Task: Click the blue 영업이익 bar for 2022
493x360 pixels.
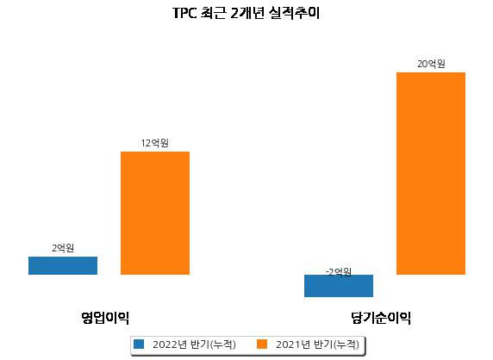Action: pos(63,266)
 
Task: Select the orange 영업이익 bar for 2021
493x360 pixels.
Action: pos(155,213)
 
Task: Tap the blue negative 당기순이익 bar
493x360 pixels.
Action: pos(339,286)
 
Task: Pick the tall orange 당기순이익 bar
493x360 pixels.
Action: pos(431,173)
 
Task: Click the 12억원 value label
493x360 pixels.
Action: pos(154,143)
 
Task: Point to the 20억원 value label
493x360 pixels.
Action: pos(431,64)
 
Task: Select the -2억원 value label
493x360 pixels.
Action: pos(339,272)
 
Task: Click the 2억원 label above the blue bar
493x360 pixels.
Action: pos(63,248)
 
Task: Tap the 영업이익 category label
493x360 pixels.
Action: pos(105,318)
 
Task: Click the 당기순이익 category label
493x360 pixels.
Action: pos(381,318)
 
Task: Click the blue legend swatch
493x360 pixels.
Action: pos(139,344)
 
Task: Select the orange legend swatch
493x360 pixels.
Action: pos(262,344)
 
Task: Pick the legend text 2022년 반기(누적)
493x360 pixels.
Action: pos(194,344)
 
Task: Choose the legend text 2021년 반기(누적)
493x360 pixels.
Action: pos(317,344)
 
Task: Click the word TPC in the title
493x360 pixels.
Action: pos(184,14)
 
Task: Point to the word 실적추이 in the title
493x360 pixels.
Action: pos(294,13)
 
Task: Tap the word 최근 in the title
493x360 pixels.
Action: pos(213,13)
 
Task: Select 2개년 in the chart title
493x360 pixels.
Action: pos(247,13)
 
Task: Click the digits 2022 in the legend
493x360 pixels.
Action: pos(165,344)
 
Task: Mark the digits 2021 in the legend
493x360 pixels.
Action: pos(289,344)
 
